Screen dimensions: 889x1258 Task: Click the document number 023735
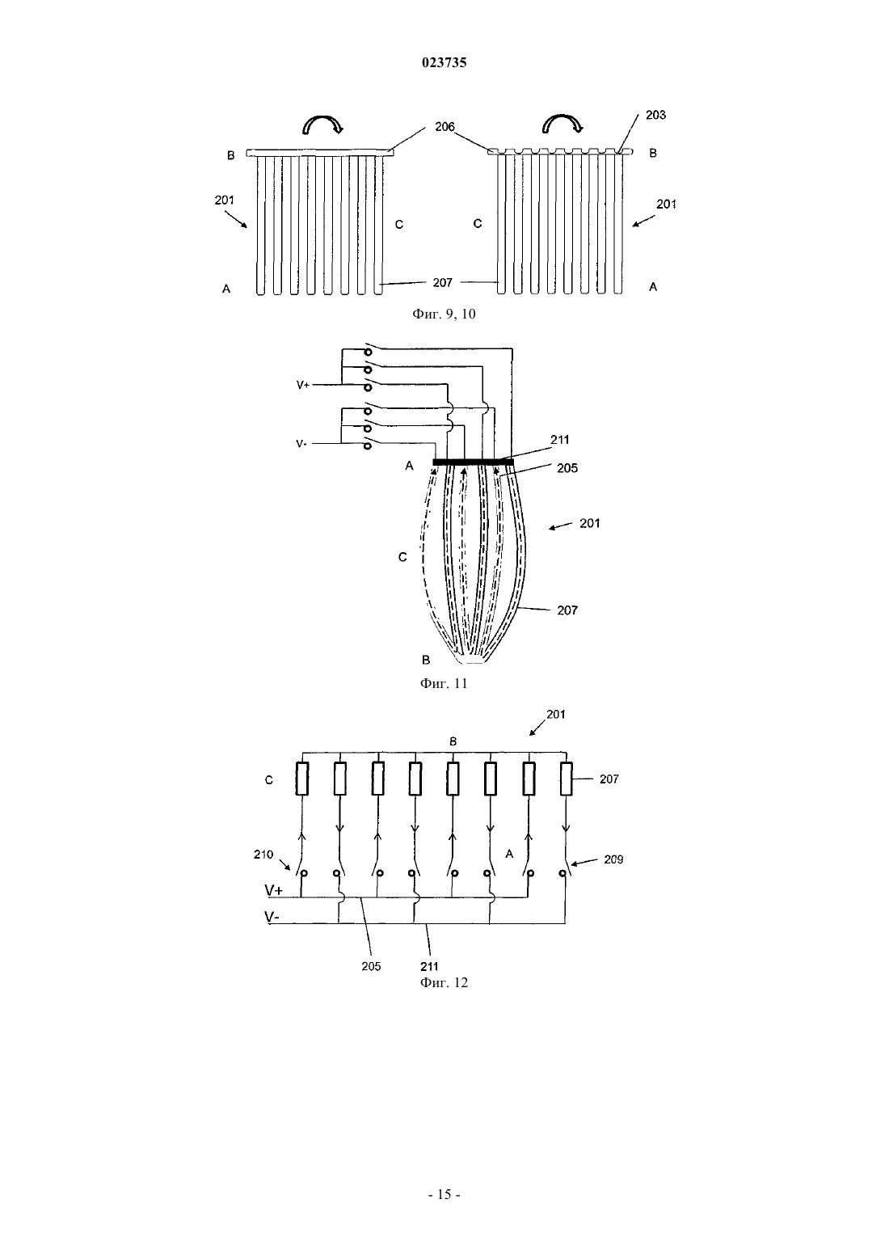click(x=444, y=62)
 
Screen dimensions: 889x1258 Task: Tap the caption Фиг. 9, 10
click(x=444, y=314)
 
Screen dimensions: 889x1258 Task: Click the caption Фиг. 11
click(x=444, y=683)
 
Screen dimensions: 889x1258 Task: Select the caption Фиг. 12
click(x=444, y=982)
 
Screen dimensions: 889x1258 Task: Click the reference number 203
click(x=655, y=115)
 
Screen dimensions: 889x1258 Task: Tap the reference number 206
click(x=444, y=127)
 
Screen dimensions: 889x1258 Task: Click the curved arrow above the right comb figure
click(x=562, y=125)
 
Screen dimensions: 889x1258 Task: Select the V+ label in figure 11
click(x=303, y=385)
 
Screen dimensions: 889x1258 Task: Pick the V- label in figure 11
click(x=301, y=444)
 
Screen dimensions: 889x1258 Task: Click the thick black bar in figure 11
click(x=473, y=462)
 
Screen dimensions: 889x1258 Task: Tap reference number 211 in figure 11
click(x=559, y=439)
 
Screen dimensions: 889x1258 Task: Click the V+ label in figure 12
click(x=274, y=890)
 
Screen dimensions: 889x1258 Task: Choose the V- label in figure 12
click(x=272, y=917)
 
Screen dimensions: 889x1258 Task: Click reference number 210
click(x=263, y=855)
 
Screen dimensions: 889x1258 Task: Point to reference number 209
click(x=613, y=859)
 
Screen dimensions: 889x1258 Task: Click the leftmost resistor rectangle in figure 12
click(x=302, y=779)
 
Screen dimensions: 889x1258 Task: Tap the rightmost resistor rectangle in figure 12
click(x=566, y=779)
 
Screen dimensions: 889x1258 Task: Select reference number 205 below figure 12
click(x=371, y=966)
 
